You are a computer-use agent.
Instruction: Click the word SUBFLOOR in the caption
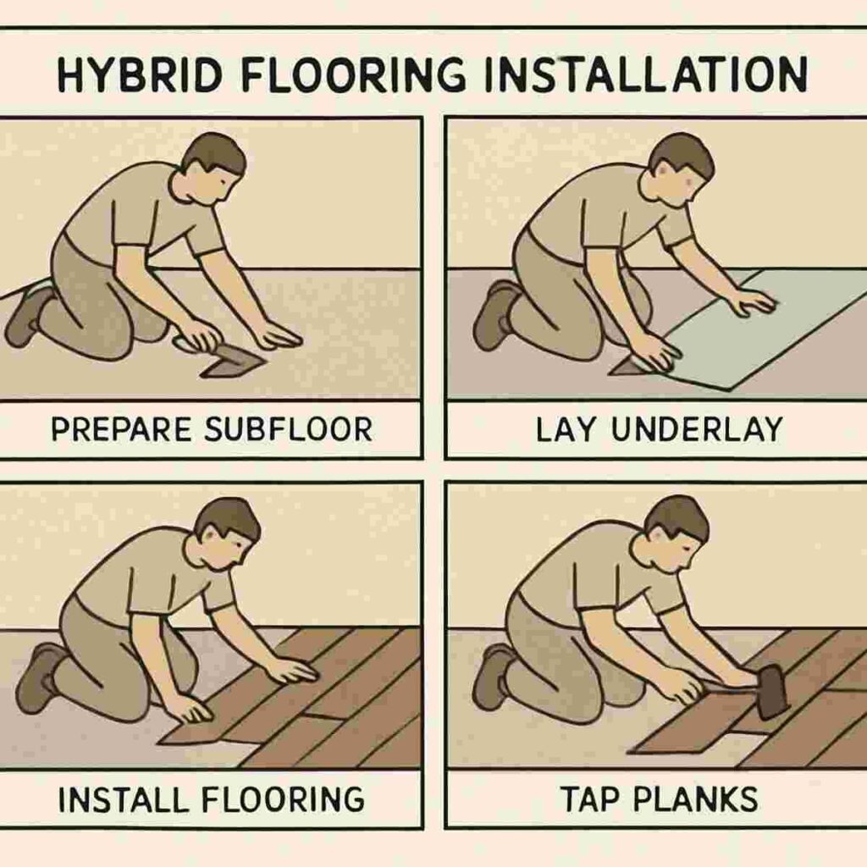coord(289,429)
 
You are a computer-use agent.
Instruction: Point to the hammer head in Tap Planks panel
coord(771,690)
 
